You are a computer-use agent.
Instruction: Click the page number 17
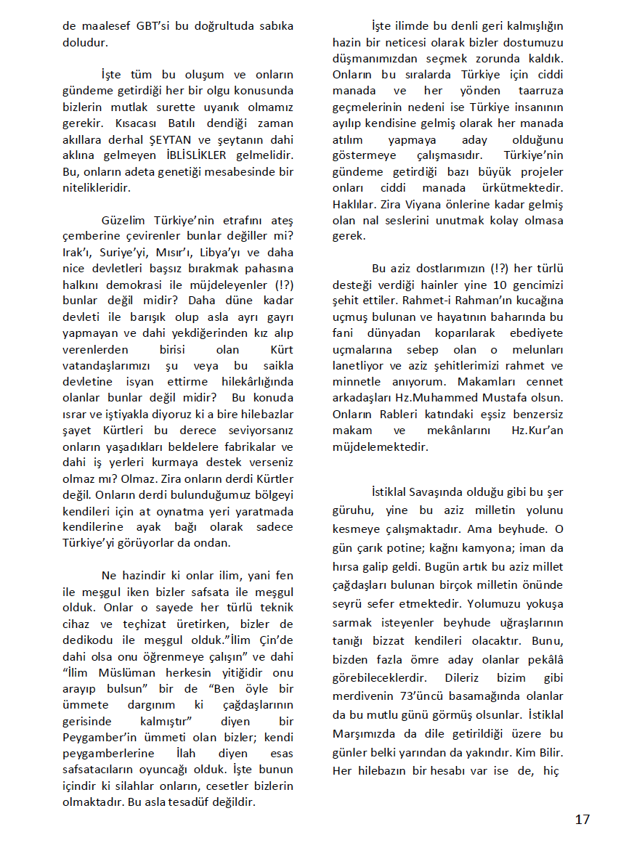point(582,820)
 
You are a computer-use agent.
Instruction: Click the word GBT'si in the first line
point(153,25)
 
